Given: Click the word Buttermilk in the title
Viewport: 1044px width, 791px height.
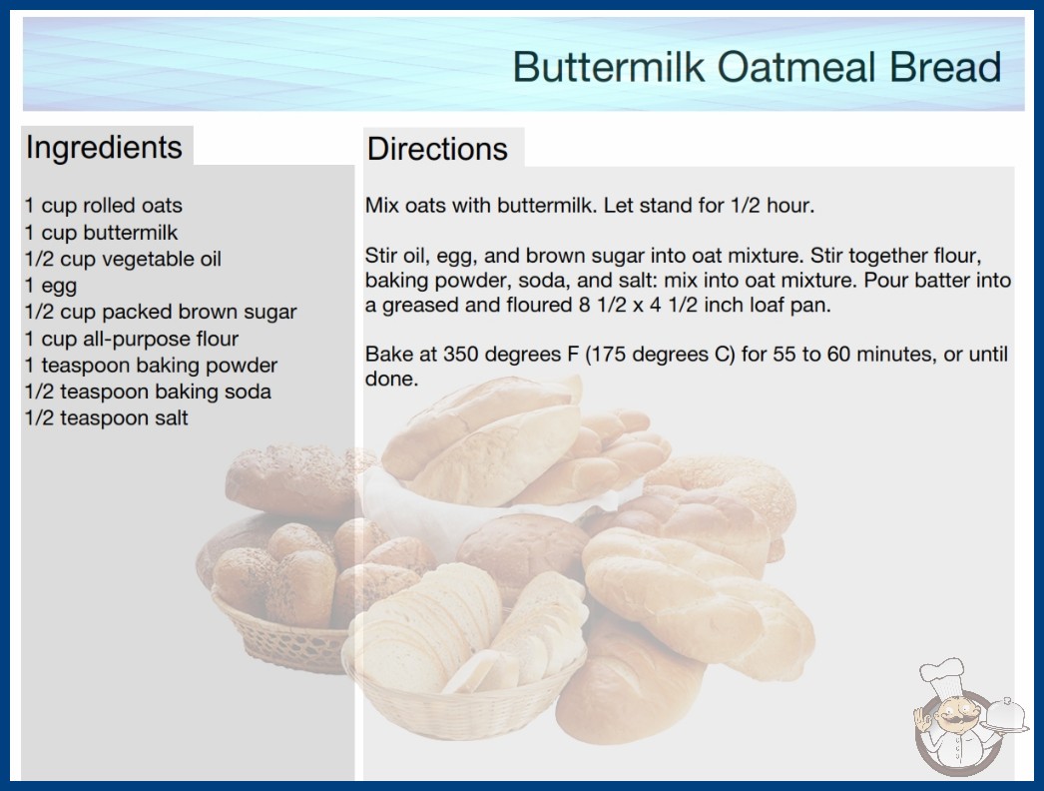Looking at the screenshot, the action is tap(609, 67).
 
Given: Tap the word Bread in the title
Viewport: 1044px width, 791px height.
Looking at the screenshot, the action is tap(945, 67).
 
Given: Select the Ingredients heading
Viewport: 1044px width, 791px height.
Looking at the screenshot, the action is tap(104, 148).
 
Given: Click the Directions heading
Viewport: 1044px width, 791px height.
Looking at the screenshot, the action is tap(437, 149).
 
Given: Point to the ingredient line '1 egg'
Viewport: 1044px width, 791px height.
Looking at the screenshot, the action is tap(51, 286).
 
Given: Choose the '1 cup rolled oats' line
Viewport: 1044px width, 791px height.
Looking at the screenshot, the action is tap(103, 206).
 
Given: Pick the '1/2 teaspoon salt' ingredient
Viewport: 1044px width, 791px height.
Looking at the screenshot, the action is tap(107, 417).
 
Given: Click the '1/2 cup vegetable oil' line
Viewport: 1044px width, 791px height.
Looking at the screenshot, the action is tap(123, 259).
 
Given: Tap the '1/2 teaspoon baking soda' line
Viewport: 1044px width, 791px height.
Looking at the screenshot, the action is tap(148, 392).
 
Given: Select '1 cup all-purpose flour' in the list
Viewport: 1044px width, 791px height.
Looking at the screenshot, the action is tap(131, 339).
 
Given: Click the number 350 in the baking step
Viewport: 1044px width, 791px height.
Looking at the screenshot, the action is tap(460, 354).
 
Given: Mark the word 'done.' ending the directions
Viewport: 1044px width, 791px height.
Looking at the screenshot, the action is tap(391, 380).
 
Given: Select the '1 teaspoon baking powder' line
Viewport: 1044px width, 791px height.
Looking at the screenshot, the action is tap(151, 366).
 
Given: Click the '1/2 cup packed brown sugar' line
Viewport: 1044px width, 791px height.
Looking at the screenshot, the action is tap(161, 312).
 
